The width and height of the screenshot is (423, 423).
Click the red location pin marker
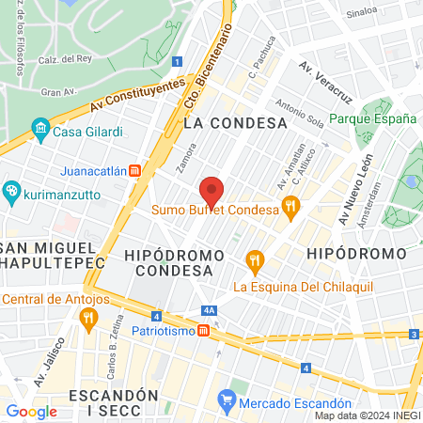212,191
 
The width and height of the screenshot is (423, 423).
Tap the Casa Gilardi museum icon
39,127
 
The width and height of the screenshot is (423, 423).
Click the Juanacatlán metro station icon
135,171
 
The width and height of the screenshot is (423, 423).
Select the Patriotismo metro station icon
203,331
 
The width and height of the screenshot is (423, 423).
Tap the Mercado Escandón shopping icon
226,401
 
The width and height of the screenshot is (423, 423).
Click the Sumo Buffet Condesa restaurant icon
291,202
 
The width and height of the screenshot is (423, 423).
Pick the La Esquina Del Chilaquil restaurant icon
253,258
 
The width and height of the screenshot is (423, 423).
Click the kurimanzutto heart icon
11,193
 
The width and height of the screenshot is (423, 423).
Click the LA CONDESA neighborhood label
235,123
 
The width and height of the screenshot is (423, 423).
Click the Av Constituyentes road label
138,94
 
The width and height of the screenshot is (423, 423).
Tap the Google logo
32,411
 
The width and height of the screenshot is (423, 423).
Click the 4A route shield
209,309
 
